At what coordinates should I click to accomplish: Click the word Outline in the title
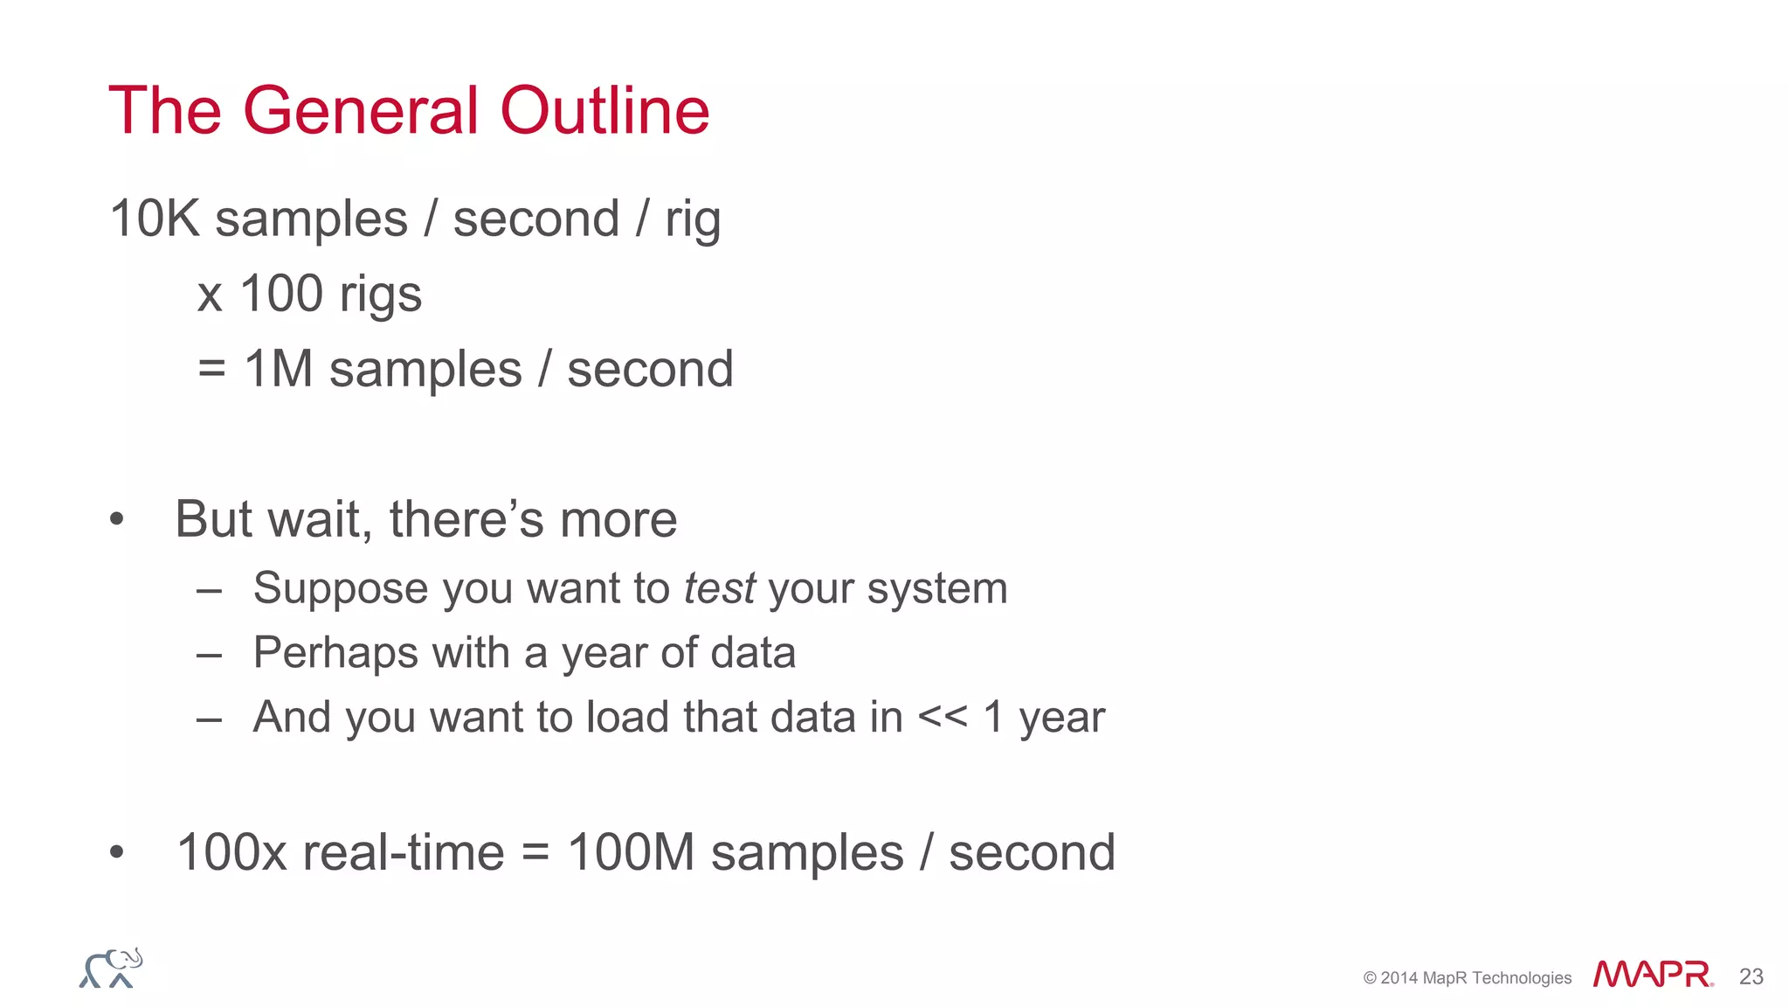tap(604, 111)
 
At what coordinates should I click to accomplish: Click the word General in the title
tap(360, 111)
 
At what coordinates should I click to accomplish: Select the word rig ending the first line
tap(692, 219)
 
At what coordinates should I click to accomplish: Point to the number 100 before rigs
tap(281, 293)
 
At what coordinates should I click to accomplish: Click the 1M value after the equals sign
tap(278, 368)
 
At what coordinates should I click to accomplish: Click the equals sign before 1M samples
tap(211, 369)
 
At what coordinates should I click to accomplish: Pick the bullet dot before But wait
tap(117, 520)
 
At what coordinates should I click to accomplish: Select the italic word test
tap(719, 587)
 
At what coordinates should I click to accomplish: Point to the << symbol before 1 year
tap(943, 718)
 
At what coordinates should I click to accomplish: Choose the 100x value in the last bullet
tap(231, 852)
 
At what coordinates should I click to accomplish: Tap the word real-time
tap(403, 852)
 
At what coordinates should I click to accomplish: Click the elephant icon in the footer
tap(111, 969)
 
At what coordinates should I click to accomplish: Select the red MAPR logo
tap(1652, 974)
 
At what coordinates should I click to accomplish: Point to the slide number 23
tap(1751, 976)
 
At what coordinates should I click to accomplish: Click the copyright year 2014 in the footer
tap(1399, 978)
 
